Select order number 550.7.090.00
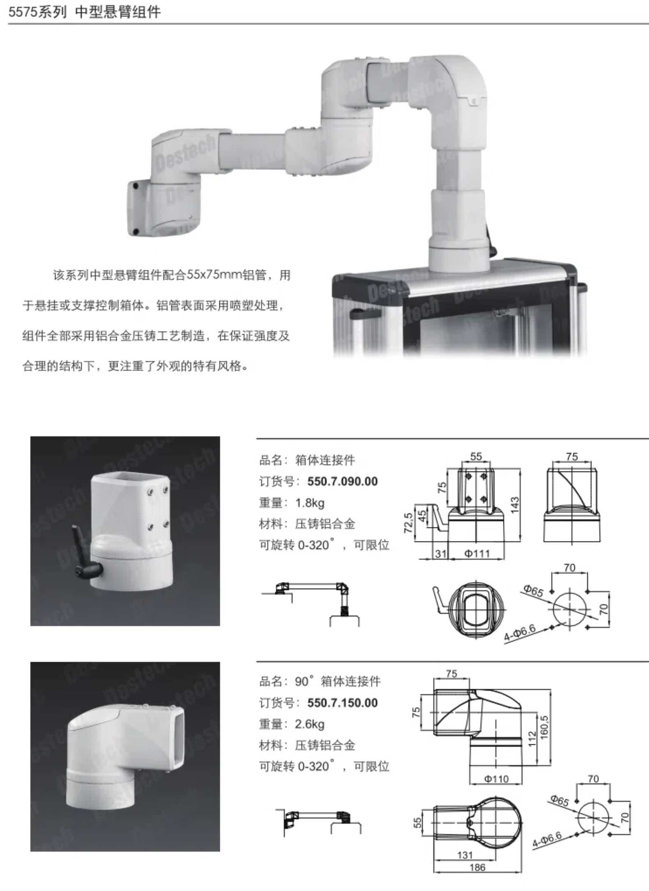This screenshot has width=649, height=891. tap(342, 481)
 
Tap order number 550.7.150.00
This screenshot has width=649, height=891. tap(342, 702)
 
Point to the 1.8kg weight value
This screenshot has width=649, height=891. tap(310, 503)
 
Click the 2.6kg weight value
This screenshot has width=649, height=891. tap(310, 724)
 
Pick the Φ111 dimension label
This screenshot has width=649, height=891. tap(477, 554)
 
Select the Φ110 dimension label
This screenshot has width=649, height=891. tap(496, 779)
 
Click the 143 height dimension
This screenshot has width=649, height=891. tap(515, 505)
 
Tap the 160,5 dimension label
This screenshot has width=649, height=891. tap(544, 728)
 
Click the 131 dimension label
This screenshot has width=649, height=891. tap(465, 855)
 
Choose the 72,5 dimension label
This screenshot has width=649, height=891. tap(408, 523)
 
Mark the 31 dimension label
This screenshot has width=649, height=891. tap(440, 554)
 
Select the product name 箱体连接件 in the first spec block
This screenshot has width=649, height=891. tap(325, 460)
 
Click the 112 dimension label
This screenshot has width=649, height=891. tap(532, 739)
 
